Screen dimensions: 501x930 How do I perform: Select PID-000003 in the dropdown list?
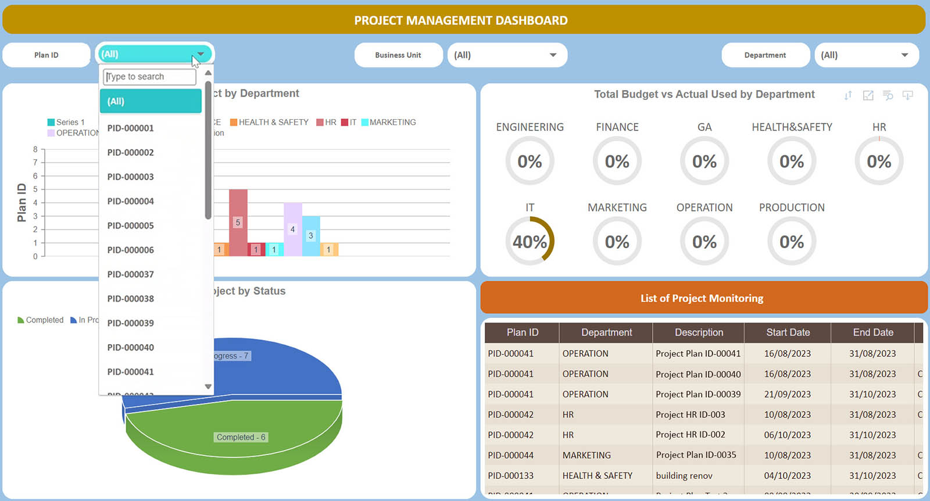pyautogui.click(x=131, y=177)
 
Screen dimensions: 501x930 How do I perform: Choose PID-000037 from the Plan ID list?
pyautogui.click(x=131, y=274)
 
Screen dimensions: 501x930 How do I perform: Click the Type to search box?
pyautogui.click(x=149, y=77)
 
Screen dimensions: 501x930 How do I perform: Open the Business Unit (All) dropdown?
pyautogui.click(x=507, y=55)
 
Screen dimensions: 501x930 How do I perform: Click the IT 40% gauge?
pyautogui.click(x=530, y=241)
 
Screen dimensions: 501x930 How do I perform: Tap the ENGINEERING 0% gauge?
pyautogui.click(x=530, y=161)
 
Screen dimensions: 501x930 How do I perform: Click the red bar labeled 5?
pyautogui.click(x=238, y=222)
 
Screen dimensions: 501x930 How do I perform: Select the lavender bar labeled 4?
pyautogui.click(x=292, y=229)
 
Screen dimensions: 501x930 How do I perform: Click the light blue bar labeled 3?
pyautogui.click(x=311, y=235)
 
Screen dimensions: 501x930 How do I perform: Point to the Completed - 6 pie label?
pyautogui.click(x=241, y=437)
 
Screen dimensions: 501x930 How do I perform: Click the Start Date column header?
pyautogui.click(x=788, y=332)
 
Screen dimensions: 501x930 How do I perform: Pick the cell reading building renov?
pyautogui.click(x=684, y=475)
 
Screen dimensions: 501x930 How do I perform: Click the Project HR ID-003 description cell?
pyautogui.click(x=691, y=414)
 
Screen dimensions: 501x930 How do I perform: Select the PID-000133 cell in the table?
pyautogui.click(x=511, y=475)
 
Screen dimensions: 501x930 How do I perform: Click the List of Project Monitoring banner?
pyautogui.click(x=703, y=298)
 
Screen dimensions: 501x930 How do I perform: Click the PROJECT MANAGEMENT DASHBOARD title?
pyautogui.click(x=461, y=20)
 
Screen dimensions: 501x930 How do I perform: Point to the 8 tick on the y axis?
pyautogui.click(x=35, y=149)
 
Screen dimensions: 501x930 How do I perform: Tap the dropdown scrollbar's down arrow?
pyautogui.click(x=208, y=387)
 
